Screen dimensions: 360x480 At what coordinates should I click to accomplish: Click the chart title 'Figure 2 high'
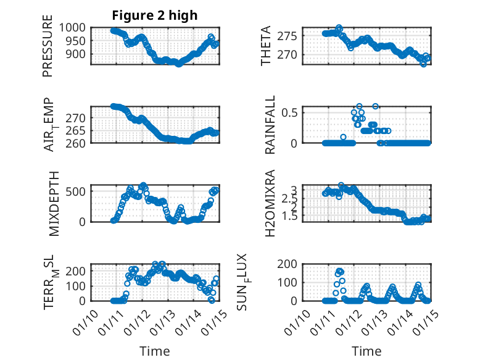(x=155, y=15)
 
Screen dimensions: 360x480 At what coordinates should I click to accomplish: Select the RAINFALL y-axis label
(x=270, y=125)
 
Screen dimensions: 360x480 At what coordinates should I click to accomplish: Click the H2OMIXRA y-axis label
(x=270, y=204)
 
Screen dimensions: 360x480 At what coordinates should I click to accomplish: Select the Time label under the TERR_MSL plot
(x=155, y=351)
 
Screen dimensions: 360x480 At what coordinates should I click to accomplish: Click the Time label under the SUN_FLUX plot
(x=366, y=351)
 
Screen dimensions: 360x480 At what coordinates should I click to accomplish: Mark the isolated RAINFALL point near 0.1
(x=343, y=137)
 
